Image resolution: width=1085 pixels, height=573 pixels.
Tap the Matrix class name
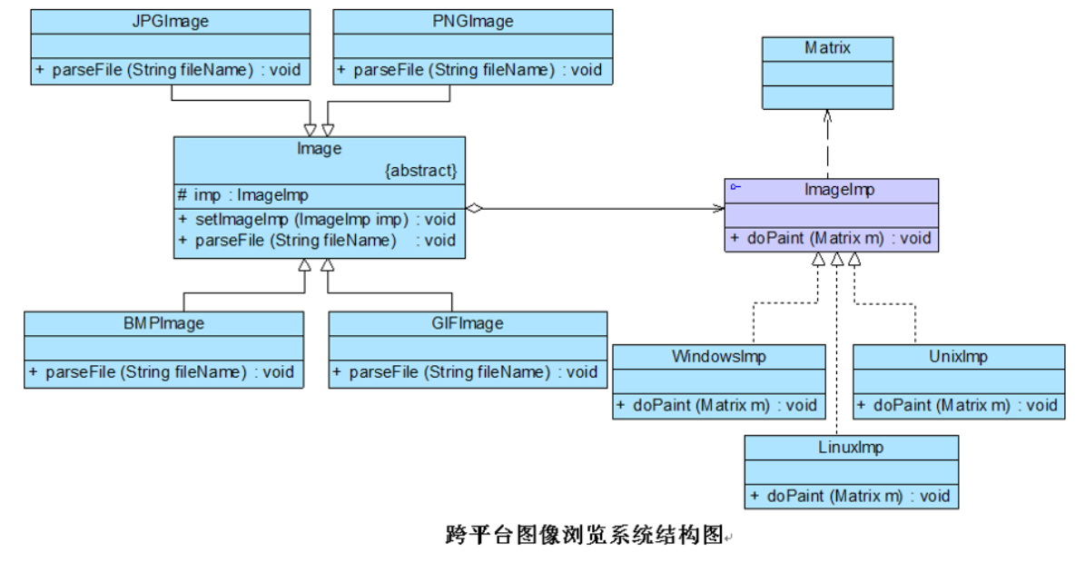pos(827,48)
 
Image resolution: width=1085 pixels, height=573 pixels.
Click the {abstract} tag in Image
pos(421,171)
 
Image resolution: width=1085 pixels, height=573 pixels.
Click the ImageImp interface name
pos(831,189)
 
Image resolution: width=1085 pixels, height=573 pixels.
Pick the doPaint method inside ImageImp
pos(831,239)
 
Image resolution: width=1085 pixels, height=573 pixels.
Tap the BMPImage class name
pos(164,323)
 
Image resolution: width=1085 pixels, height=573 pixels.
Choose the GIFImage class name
pos(468,323)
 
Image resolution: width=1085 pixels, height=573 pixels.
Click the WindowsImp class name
pos(719,357)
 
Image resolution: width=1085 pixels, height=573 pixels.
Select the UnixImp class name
pos(958,357)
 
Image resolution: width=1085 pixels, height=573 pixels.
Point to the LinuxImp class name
pos(851,448)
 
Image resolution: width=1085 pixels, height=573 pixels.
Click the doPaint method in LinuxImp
pos(851,496)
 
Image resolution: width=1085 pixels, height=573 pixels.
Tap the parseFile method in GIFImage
pos(467,371)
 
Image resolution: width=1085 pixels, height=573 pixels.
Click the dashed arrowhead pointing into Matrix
pos(827,115)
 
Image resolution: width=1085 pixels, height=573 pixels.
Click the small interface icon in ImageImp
pos(735,186)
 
